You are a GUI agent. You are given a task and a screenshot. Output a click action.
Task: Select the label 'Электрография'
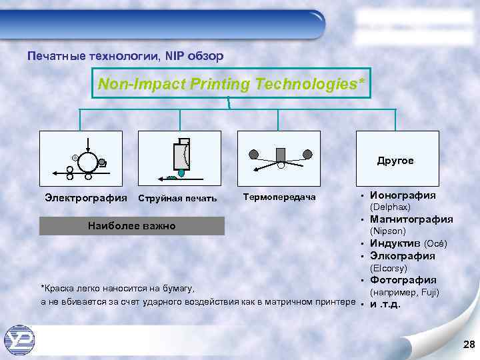(x=86, y=197)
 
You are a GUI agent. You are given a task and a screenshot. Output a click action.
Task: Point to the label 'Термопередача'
(x=279, y=197)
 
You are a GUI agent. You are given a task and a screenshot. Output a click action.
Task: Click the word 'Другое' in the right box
(x=395, y=161)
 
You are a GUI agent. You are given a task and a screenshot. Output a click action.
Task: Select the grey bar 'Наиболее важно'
(x=132, y=226)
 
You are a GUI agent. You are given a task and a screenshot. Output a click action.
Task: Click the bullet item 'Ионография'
(x=403, y=195)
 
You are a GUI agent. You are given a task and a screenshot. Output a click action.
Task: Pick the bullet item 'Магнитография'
(x=411, y=219)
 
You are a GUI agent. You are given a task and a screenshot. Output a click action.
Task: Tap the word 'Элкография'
(x=403, y=255)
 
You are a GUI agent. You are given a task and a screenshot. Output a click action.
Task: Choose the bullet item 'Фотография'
(x=403, y=279)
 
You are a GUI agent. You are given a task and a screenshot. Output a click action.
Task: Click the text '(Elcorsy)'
(x=389, y=268)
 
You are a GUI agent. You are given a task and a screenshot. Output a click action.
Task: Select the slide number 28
(x=468, y=344)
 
